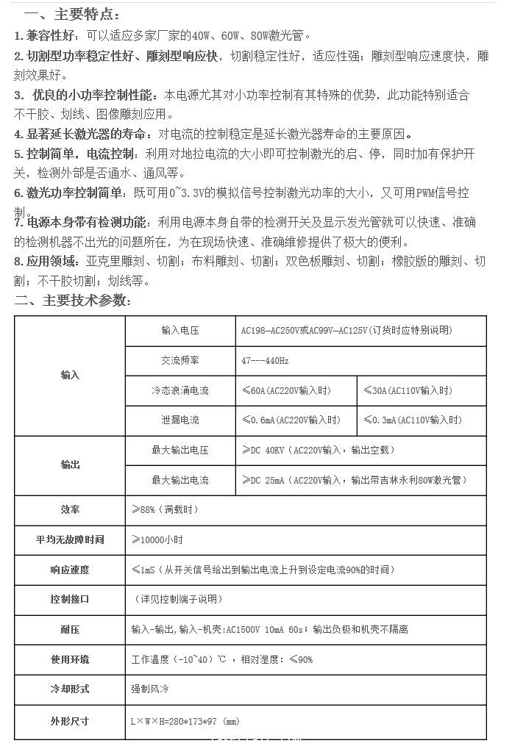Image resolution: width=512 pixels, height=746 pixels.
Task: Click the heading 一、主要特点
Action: [x=72, y=15]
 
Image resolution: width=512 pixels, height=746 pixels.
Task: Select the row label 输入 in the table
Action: [x=70, y=375]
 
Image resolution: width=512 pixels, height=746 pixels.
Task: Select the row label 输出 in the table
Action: [x=70, y=465]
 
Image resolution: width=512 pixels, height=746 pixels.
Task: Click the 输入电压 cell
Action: [x=180, y=331]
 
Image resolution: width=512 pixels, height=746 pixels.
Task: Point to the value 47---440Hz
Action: [x=265, y=361]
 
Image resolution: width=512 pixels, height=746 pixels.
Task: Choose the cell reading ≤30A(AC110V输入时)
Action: [x=408, y=390]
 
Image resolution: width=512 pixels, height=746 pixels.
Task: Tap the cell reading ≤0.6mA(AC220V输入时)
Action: [x=291, y=420]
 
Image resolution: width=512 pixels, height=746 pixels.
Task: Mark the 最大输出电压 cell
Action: [x=180, y=450]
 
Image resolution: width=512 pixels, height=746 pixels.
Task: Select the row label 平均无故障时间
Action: [x=70, y=539]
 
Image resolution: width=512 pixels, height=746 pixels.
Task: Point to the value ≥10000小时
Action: [x=157, y=539]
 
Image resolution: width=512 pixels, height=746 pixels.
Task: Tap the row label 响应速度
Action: [x=70, y=570]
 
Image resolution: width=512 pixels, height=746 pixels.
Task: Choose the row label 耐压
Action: [x=70, y=629]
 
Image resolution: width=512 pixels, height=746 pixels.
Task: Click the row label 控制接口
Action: [x=70, y=599]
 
